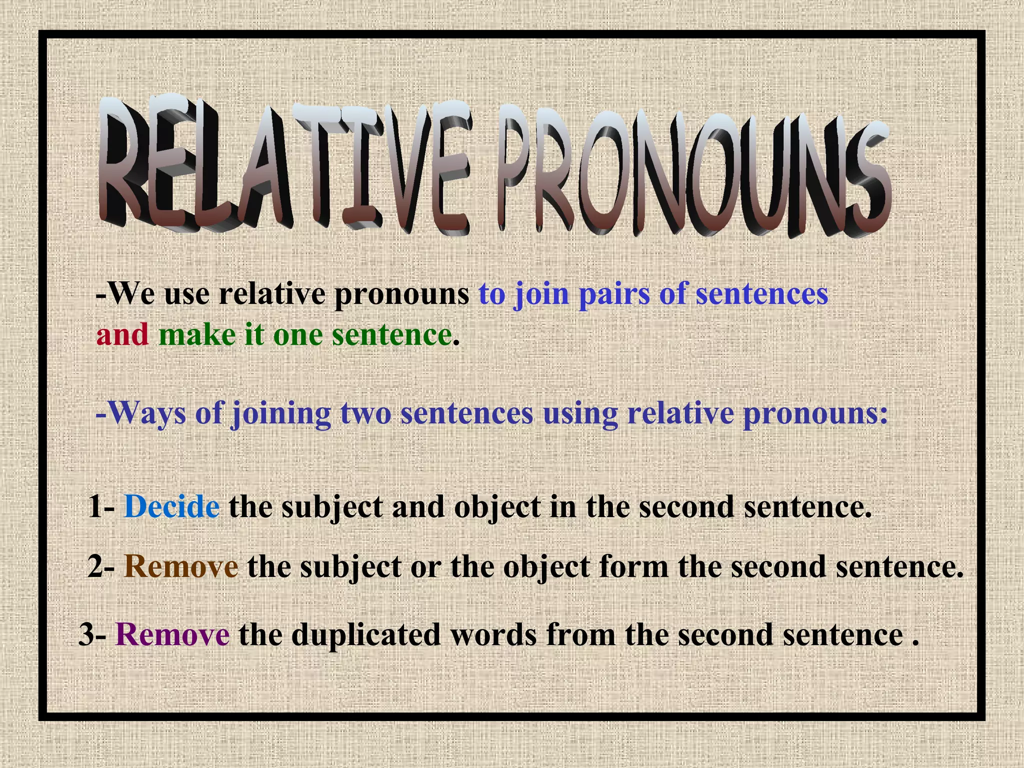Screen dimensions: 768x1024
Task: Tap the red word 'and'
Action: click(x=122, y=335)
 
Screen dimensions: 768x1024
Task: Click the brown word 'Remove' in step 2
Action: click(x=180, y=566)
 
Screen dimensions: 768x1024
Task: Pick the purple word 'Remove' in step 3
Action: click(x=172, y=634)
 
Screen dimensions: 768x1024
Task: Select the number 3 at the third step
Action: click(x=86, y=634)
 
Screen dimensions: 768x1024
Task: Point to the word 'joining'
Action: click(x=280, y=414)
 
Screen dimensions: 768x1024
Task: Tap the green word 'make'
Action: click(x=197, y=335)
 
